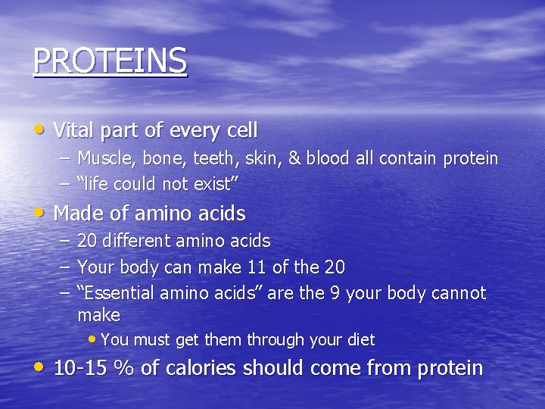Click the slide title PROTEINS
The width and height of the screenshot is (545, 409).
110,61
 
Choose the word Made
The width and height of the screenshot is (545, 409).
77,214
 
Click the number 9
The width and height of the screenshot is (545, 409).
334,293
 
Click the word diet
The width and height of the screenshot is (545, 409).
360,340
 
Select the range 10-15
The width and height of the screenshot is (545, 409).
81,369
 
